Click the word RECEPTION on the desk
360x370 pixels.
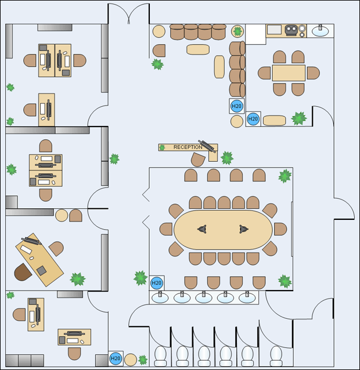188,147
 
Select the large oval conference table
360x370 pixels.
223,230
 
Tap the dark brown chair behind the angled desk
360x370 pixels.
23,271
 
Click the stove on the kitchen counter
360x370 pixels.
293,30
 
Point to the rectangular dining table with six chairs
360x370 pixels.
289,73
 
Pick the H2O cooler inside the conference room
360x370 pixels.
157,283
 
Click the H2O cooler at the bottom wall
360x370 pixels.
116,359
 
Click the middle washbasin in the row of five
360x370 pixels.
203,298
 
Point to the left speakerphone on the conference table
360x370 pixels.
202,229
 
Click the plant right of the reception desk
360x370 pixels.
227,157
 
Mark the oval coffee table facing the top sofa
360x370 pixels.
198,49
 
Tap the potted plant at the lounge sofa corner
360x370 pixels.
237,31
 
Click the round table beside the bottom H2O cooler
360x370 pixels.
131,360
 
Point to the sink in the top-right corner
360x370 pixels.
321,30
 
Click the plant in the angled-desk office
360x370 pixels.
78,279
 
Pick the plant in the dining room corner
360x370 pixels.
299,118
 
